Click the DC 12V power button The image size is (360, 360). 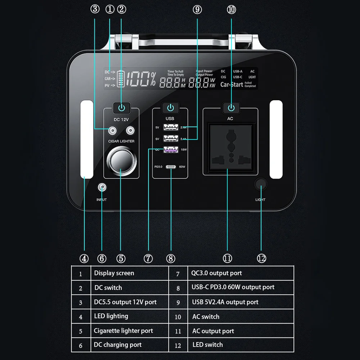121,108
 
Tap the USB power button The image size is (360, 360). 170,108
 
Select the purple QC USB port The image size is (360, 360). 170,150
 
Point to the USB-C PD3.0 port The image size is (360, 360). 170,167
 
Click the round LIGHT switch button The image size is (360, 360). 261,184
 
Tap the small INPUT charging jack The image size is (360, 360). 102,187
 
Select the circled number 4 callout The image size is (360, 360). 84,258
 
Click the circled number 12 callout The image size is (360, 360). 261,258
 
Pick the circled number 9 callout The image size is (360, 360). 197,9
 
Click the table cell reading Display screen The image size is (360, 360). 114,273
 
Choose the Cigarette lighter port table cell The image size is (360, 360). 123,331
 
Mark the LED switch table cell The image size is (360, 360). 208,345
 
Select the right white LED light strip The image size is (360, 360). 276,140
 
